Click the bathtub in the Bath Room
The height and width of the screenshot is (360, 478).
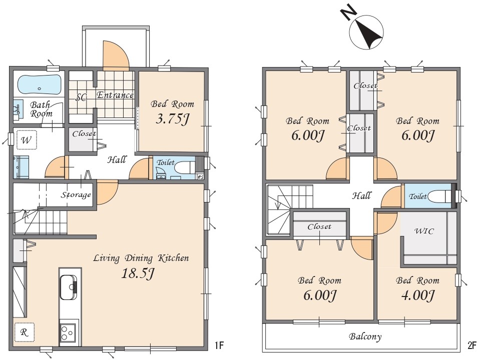40,85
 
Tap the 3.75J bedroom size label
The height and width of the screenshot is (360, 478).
173,119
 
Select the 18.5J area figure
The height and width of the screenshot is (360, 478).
138,273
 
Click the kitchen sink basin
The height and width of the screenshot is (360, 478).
68,287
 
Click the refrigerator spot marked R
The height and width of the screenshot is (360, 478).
24,332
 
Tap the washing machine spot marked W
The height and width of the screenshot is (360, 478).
27,140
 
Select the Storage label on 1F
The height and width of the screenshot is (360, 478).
76,194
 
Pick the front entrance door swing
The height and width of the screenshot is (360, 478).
115,55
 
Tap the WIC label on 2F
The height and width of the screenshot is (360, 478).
424,231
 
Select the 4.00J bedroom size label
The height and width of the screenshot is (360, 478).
417,295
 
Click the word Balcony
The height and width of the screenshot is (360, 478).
365,336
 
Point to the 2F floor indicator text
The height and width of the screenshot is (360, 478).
471,345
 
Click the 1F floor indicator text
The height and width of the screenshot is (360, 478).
219,345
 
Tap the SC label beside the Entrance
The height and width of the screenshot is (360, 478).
81,97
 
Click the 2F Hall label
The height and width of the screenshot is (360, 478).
362,195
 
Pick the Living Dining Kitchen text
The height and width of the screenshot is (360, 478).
141,258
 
